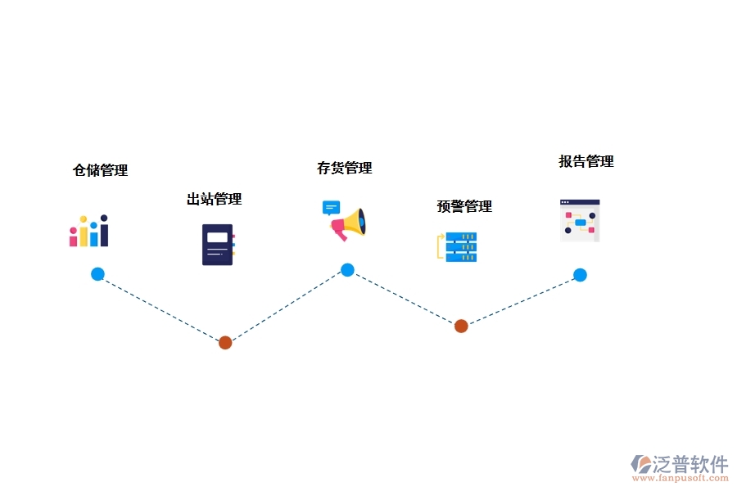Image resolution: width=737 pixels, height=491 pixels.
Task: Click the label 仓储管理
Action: click(100, 170)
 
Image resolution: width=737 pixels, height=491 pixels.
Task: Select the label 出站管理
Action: click(214, 199)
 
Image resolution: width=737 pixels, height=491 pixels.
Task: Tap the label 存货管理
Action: click(344, 168)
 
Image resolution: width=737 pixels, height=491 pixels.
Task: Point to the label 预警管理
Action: click(464, 206)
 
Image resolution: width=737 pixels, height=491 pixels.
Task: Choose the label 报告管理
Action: click(586, 161)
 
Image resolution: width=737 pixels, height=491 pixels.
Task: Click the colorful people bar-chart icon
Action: click(88, 231)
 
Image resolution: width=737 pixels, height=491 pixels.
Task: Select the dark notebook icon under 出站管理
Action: click(218, 244)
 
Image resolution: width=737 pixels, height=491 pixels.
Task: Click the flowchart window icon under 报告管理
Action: click(580, 220)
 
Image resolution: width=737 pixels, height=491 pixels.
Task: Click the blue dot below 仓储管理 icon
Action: click(97, 274)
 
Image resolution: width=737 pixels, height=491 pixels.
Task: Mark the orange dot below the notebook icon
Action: click(225, 342)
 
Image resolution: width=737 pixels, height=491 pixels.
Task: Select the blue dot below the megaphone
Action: click(347, 270)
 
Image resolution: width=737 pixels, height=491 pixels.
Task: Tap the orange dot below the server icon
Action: click(461, 326)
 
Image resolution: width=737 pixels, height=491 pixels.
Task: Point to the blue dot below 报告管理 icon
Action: click(580, 275)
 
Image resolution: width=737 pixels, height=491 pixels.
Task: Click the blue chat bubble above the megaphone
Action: click(331, 207)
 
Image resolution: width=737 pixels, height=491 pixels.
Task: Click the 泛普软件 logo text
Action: click(690, 464)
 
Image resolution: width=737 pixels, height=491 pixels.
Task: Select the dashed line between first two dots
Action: click(161, 309)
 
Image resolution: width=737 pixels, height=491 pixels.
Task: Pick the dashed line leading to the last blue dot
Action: click(521, 300)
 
